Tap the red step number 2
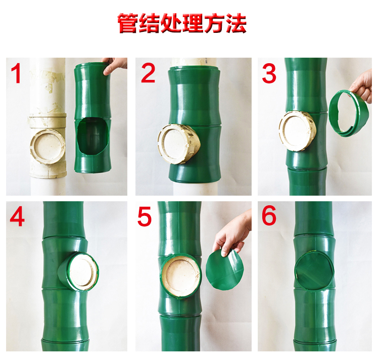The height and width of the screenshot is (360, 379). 148,72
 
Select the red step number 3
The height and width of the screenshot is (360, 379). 269,73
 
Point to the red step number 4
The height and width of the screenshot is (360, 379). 17,216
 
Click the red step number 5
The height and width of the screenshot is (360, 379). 145,217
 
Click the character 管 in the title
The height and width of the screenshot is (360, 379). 128,23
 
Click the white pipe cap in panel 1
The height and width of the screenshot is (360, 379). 48,147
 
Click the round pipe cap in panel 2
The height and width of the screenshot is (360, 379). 178,144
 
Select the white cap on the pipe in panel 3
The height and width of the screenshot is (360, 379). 297,131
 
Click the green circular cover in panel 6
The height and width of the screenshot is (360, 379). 314,271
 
